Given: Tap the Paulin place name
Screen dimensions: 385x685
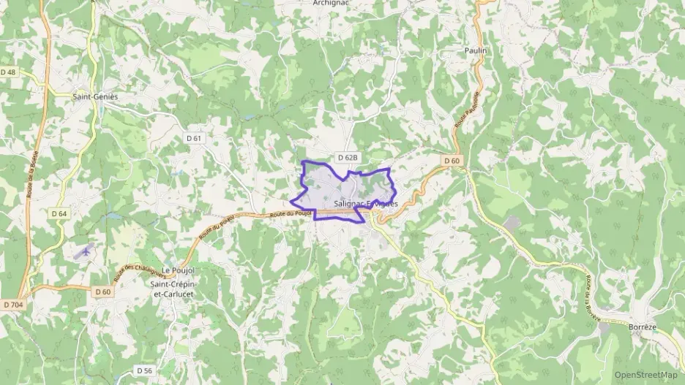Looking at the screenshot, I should tap(475, 50).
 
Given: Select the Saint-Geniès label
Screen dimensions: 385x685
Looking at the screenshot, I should tap(95, 96).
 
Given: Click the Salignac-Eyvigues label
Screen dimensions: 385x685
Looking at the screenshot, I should tap(365, 204).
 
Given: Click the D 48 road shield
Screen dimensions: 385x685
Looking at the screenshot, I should tap(9, 72).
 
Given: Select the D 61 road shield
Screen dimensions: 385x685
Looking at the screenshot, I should tap(193, 138).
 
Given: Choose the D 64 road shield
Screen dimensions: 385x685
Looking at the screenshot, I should tap(59, 213).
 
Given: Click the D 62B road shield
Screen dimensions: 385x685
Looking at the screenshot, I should tap(348, 157).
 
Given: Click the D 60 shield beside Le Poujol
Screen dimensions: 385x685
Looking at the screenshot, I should tap(102, 291).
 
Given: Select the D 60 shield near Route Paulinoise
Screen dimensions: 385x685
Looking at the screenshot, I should tap(452, 161).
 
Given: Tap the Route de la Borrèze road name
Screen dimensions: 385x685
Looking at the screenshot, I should tap(592, 296).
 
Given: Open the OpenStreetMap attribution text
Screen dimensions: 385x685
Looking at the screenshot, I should tap(645, 375).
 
